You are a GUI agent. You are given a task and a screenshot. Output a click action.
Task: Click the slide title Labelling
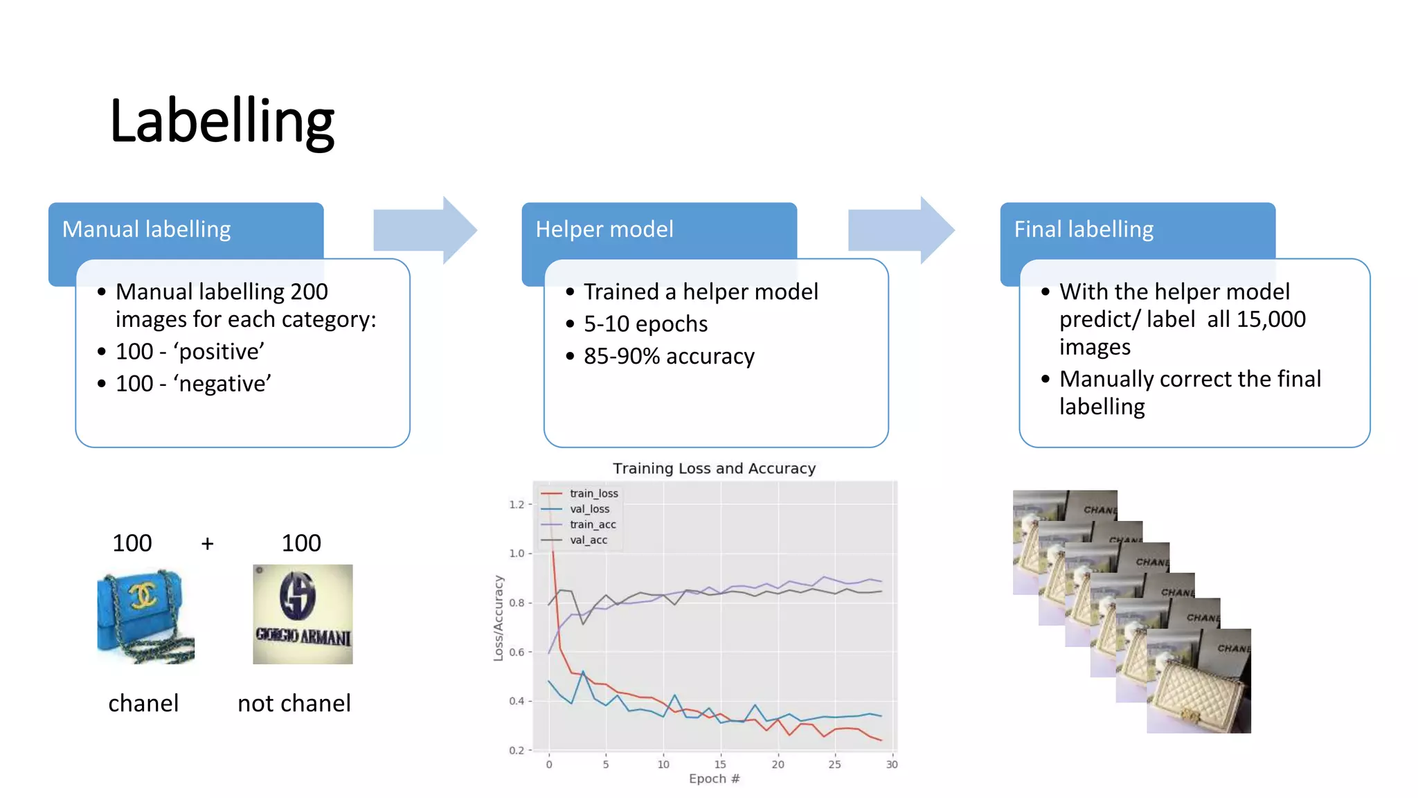click(222, 122)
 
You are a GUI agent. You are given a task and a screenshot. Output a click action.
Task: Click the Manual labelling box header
click(146, 229)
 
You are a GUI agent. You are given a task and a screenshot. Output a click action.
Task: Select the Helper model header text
click(604, 229)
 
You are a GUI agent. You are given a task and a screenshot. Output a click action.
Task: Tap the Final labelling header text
click(1084, 229)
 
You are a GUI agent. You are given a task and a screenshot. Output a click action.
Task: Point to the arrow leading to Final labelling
click(901, 230)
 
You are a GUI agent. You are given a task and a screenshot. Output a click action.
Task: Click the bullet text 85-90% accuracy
click(668, 356)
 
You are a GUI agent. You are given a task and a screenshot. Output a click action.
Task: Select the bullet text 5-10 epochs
click(645, 324)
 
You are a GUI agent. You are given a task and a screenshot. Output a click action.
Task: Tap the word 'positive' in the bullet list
click(219, 352)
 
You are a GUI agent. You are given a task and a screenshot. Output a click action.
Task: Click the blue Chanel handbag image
click(145, 616)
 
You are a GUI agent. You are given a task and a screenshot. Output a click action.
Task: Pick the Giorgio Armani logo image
click(303, 614)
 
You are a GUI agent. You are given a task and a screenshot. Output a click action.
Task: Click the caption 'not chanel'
click(294, 703)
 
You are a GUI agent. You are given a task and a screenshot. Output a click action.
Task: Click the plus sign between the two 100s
click(207, 544)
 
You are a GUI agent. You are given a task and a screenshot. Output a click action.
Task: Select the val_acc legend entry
click(588, 540)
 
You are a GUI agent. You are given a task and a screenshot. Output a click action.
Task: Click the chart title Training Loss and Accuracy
click(714, 468)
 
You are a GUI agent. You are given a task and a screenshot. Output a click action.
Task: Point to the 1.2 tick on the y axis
click(517, 504)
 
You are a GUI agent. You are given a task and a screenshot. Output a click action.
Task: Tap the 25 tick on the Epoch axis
click(834, 764)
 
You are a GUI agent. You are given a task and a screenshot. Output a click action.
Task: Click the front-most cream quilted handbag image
click(1199, 682)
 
